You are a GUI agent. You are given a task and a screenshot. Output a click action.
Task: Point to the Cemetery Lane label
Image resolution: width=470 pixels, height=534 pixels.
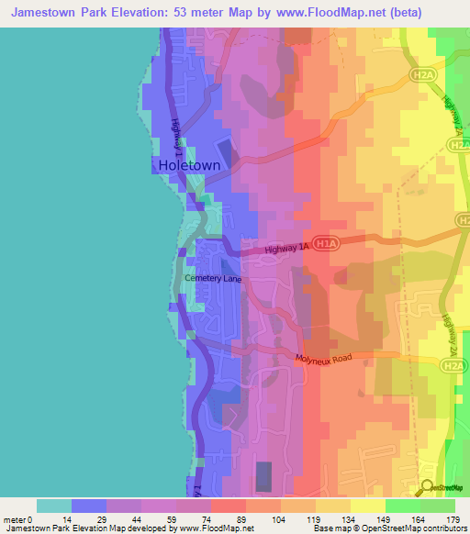(x=213, y=277)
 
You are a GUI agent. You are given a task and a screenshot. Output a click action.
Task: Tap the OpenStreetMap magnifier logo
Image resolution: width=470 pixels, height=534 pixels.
(x=428, y=488)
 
